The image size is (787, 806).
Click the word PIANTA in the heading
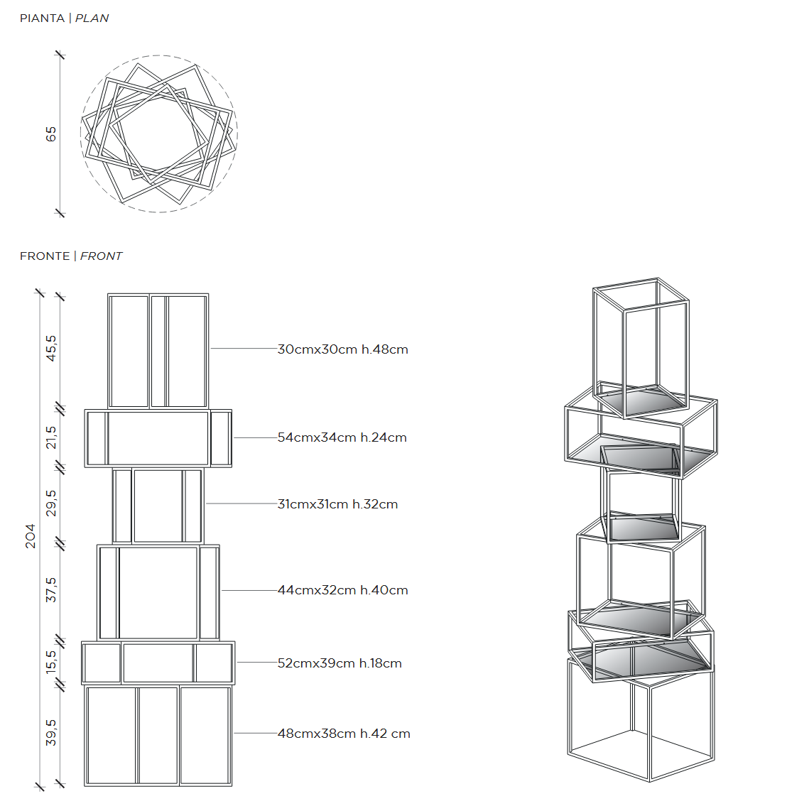tap(42, 18)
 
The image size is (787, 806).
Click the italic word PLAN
tap(92, 18)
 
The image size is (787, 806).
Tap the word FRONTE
tap(45, 256)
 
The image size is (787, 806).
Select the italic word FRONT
tap(102, 256)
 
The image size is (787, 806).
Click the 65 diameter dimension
tap(51, 134)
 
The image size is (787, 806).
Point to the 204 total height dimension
tap(31, 536)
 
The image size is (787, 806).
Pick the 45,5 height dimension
tap(51, 348)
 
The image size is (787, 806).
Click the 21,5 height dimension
tap(51, 437)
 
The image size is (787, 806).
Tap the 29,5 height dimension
tap(51, 503)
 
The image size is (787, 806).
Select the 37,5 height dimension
tap(51, 589)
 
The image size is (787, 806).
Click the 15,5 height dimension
tap(51, 662)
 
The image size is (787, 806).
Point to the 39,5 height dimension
tap(51, 732)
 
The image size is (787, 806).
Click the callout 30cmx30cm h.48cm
tap(343, 349)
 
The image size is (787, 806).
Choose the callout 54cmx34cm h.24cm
tap(342, 437)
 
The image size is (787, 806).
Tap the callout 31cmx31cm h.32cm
tap(337, 504)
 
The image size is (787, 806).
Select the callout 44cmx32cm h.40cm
tap(343, 590)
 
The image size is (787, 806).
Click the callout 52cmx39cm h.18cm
tap(340, 663)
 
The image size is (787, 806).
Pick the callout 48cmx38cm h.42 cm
tap(344, 734)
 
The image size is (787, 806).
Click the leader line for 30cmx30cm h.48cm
tap(244, 349)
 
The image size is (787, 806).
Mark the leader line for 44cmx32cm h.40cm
tap(250, 590)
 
